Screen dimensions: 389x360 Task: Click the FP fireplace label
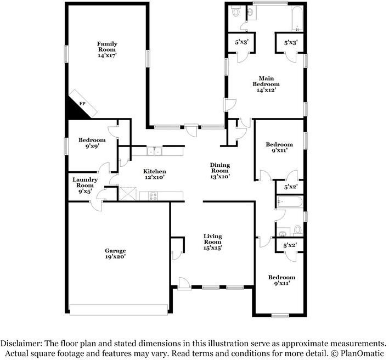click(x=82, y=104)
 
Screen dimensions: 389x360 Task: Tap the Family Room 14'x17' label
click(x=107, y=49)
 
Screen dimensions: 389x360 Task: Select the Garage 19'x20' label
click(x=115, y=254)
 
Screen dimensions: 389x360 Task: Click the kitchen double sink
click(x=154, y=151)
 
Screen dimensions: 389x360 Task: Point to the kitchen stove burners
click(x=153, y=196)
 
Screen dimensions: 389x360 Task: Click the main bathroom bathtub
click(x=297, y=19)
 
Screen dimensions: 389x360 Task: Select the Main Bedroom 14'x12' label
click(x=266, y=84)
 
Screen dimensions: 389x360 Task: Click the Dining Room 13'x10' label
click(x=220, y=171)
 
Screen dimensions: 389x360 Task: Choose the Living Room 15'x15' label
click(x=213, y=242)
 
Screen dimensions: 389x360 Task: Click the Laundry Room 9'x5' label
click(x=85, y=185)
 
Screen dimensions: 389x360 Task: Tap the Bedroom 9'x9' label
click(x=92, y=143)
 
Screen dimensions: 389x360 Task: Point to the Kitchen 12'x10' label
click(x=155, y=174)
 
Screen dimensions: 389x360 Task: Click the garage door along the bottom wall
click(x=119, y=310)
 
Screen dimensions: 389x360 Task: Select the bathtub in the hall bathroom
click(x=289, y=202)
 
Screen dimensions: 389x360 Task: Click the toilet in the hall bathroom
click(x=298, y=230)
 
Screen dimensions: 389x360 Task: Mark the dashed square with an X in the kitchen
click(x=128, y=194)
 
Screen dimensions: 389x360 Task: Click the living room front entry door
click(x=184, y=283)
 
